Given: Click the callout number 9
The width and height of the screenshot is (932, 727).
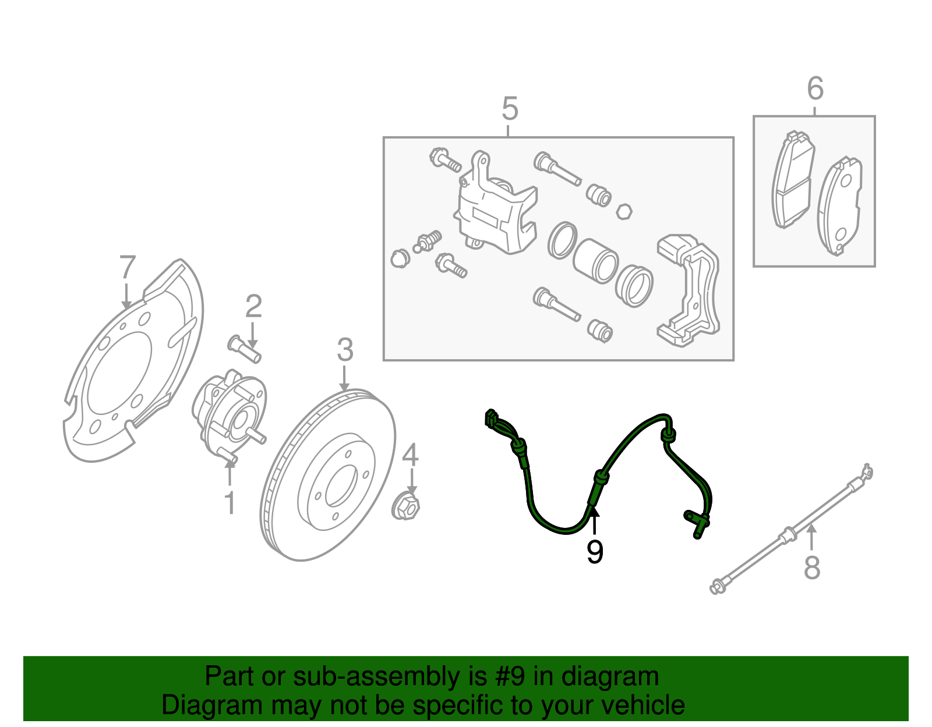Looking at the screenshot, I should (594, 551).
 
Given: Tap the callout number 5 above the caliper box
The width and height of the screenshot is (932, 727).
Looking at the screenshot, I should (509, 109).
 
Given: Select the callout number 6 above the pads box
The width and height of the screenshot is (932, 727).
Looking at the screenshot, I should (815, 89).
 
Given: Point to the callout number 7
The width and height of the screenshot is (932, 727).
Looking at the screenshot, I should (128, 269).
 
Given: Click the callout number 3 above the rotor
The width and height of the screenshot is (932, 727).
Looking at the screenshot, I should (345, 351).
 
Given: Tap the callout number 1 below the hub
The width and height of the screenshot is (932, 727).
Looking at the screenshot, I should (230, 502).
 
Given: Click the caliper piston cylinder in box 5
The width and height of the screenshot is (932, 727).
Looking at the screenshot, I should (595, 260).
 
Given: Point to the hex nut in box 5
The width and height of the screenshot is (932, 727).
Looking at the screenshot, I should (624, 211).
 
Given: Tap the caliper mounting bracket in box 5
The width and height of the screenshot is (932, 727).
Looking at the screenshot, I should (690, 291).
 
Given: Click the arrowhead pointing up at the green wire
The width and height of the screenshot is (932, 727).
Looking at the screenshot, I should (594, 512).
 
